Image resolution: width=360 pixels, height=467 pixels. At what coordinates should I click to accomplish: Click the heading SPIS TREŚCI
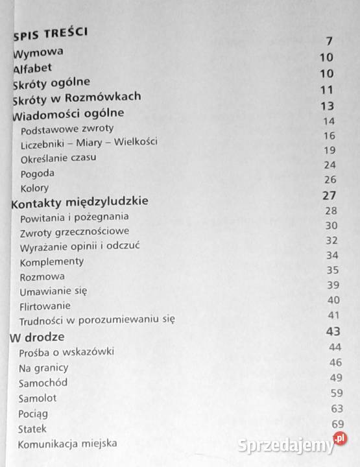[49, 32]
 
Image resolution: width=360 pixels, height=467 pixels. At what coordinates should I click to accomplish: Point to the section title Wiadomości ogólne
[68, 114]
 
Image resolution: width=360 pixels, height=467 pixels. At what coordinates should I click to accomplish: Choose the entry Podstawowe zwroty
[67, 128]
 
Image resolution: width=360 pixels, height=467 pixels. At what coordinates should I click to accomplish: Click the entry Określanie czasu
[59, 158]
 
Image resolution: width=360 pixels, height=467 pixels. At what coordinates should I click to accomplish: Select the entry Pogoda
[37, 173]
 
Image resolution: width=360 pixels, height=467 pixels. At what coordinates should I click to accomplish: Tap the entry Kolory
[35, 188]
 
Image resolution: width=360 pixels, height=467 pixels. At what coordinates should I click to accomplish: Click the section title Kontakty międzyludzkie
[80, 202]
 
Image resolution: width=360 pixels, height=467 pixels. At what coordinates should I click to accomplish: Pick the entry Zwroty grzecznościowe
[75, 231]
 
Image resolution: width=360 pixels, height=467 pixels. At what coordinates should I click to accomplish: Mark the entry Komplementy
[52, 261]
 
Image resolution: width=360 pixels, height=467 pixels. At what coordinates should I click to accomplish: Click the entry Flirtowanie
[45, 305]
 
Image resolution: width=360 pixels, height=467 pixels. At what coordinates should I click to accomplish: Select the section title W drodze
[37, 337]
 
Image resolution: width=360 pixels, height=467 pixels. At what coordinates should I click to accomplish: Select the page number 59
[335, 393]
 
